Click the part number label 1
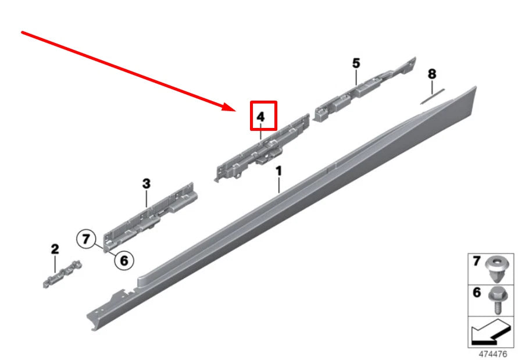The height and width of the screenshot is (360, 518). pyautogui.click(x=278, y=171)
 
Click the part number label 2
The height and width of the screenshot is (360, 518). pyautogui.click(x=55, y=249)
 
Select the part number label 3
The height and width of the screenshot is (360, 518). pyautogui.click(x=146, y=184)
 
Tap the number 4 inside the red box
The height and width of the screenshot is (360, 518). pyautogui.click(x=261, y=117)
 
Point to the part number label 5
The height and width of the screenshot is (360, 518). pyautogui.click(x=356, y=63)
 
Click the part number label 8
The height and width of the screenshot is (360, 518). pyautogui.click(x=431, y=74)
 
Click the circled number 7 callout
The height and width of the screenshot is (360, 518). pyautogui.click(x=86, y=238)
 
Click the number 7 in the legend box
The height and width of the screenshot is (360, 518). pyautogui.click(x=477, y=262)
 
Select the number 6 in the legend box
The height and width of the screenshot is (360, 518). pyautogui.click(x=477, y=293)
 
